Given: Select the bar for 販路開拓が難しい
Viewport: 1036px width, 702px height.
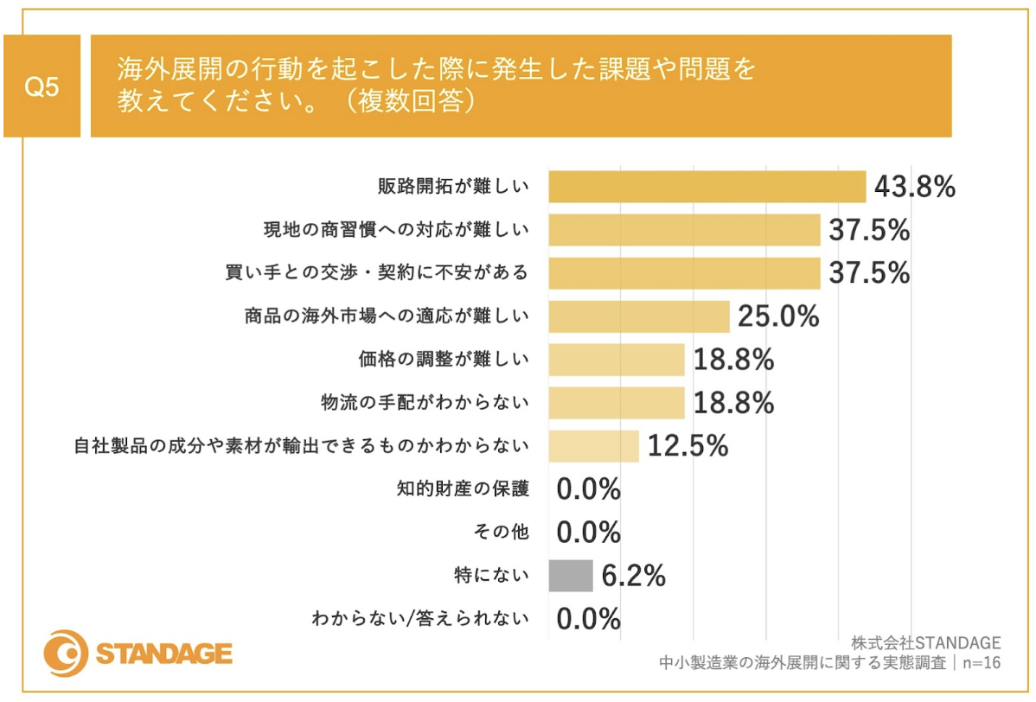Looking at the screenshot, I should pos(707,187).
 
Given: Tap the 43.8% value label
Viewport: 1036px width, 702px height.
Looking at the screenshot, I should pos(914,187).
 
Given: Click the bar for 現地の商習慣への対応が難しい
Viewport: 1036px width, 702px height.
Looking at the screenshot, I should pos(684,230).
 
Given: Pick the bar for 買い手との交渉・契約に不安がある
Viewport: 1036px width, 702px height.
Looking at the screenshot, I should pos(684,273).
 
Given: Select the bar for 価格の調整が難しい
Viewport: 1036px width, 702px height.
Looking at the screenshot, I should pos(616,360).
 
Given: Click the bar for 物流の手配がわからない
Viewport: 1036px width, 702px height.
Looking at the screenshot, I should pos(616,403).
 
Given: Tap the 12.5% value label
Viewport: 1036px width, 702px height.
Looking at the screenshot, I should pos(687,446).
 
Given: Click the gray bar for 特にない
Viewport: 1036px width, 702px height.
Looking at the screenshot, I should pos(571,576).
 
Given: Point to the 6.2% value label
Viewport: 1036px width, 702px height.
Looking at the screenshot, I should pos(633,576).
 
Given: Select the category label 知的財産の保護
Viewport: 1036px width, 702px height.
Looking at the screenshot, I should pos(462,489).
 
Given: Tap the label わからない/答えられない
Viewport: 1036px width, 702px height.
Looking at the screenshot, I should pos(419,619).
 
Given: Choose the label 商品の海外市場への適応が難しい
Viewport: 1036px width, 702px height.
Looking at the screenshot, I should pos(386,316).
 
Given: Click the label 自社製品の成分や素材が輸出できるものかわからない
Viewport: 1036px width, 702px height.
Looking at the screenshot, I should pos(301,446).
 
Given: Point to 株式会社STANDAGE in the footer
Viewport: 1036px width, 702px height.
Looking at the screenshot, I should pos(925,643).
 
